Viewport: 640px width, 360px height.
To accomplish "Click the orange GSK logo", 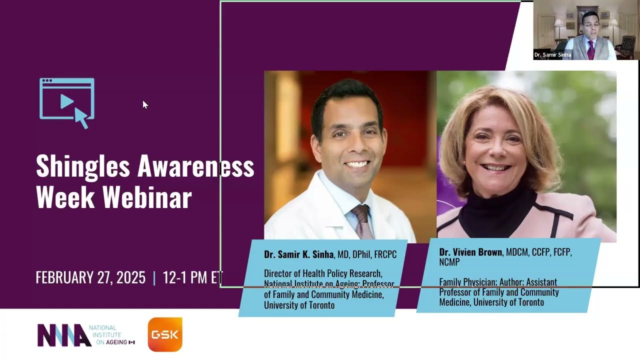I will (165, 334).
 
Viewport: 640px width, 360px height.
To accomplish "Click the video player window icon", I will (67, 102).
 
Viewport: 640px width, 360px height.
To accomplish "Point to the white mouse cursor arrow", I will (144, 104).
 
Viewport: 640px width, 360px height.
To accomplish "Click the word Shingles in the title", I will (81, 166).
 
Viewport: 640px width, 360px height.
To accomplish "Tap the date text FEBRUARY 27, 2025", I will (90, 277).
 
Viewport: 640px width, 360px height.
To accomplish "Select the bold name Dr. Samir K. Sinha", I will (298, 254).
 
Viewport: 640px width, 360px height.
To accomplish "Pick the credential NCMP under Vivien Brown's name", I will (449, 262).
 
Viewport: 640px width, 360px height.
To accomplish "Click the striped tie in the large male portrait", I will (361, 220).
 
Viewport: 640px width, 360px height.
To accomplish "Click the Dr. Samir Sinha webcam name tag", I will (552, 55).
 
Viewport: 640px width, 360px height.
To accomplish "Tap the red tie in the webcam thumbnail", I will (591, 49).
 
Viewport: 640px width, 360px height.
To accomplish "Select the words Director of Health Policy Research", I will (323, 274).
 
